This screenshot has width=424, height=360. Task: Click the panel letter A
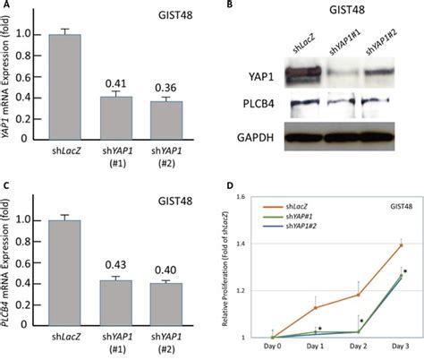coord(5,6)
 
